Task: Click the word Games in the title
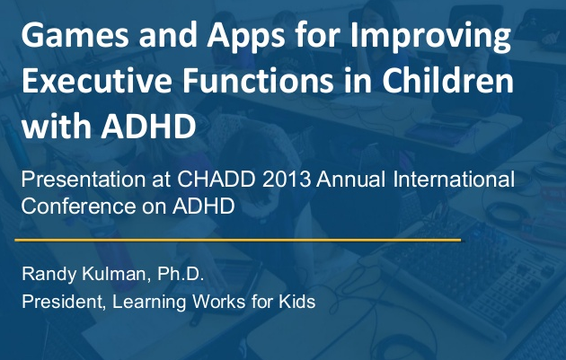pyautogui.click(x=75, y=34)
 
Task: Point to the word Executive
pyautogui.click(x=97, y=80)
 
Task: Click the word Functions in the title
pyautogui.click(x=258, y=80)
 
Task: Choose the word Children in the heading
pyautogui.click(x=447, y=80)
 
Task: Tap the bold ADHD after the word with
pyautogui.click(x=148, y=126)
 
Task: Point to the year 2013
pyautogui.click(x=287, y=179)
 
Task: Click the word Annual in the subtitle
pyautogui.click(x=351, y=179)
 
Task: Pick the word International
pyautogui.click(x=454, y=179)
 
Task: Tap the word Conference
pyautogui.click(x=78, y=206)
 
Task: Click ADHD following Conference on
pyautogui.click(x=204, y=206)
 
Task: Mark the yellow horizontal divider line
pyautogui.click(x=238, y=240)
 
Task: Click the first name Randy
pyautogui.click(x=49, y=275)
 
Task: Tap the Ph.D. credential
pyautogui.click(x=181, y=274)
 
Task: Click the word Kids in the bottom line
pyautogui.click(x=297, y=302)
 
